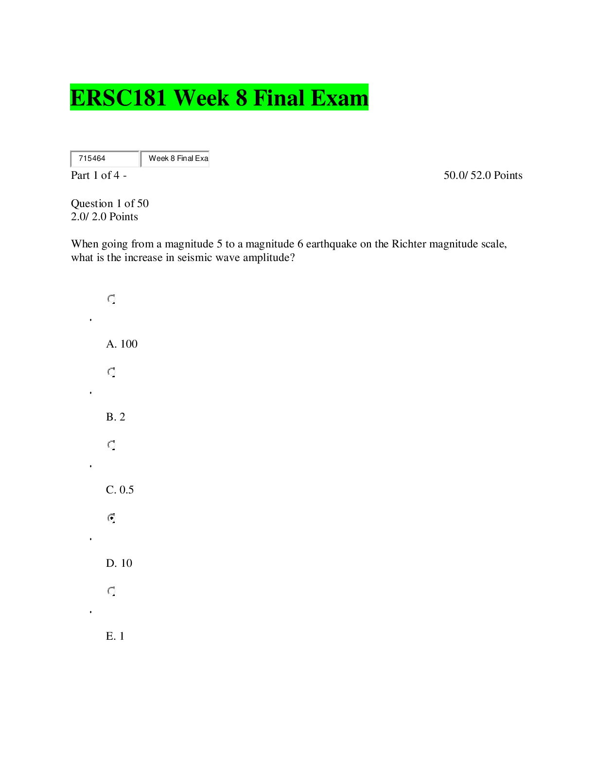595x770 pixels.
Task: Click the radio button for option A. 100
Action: pos(111,299)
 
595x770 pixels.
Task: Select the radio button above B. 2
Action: pos(111,372)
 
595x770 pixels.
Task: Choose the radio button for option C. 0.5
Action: pos(111,445)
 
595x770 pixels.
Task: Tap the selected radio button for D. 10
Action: pos(111,518)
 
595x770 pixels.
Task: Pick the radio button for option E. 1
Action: pos(111,591)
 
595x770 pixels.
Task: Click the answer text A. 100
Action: pos(122,344)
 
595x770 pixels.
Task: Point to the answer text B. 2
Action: pos(116,417)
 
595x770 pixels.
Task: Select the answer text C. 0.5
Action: pos(120,490)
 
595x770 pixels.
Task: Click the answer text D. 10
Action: pos(119,563)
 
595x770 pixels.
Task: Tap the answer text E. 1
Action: pos(115,636)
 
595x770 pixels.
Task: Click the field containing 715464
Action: pos(105,158)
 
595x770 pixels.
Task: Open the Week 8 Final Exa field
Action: pos(175,158)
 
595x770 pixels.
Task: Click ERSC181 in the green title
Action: pos(118,98)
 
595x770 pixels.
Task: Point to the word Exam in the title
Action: pos(340,98)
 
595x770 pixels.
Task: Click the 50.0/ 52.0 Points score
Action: pos(483,175)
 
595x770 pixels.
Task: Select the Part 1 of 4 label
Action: pos(99,175)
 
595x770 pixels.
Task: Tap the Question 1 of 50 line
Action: pos(110,203)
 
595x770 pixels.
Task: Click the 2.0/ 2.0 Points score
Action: pos(105,216)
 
